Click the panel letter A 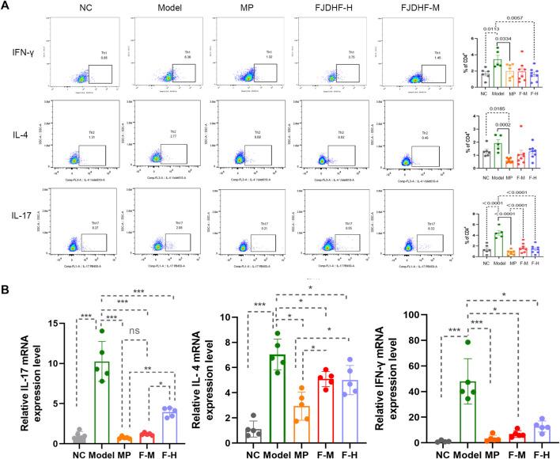coord(8,8)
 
